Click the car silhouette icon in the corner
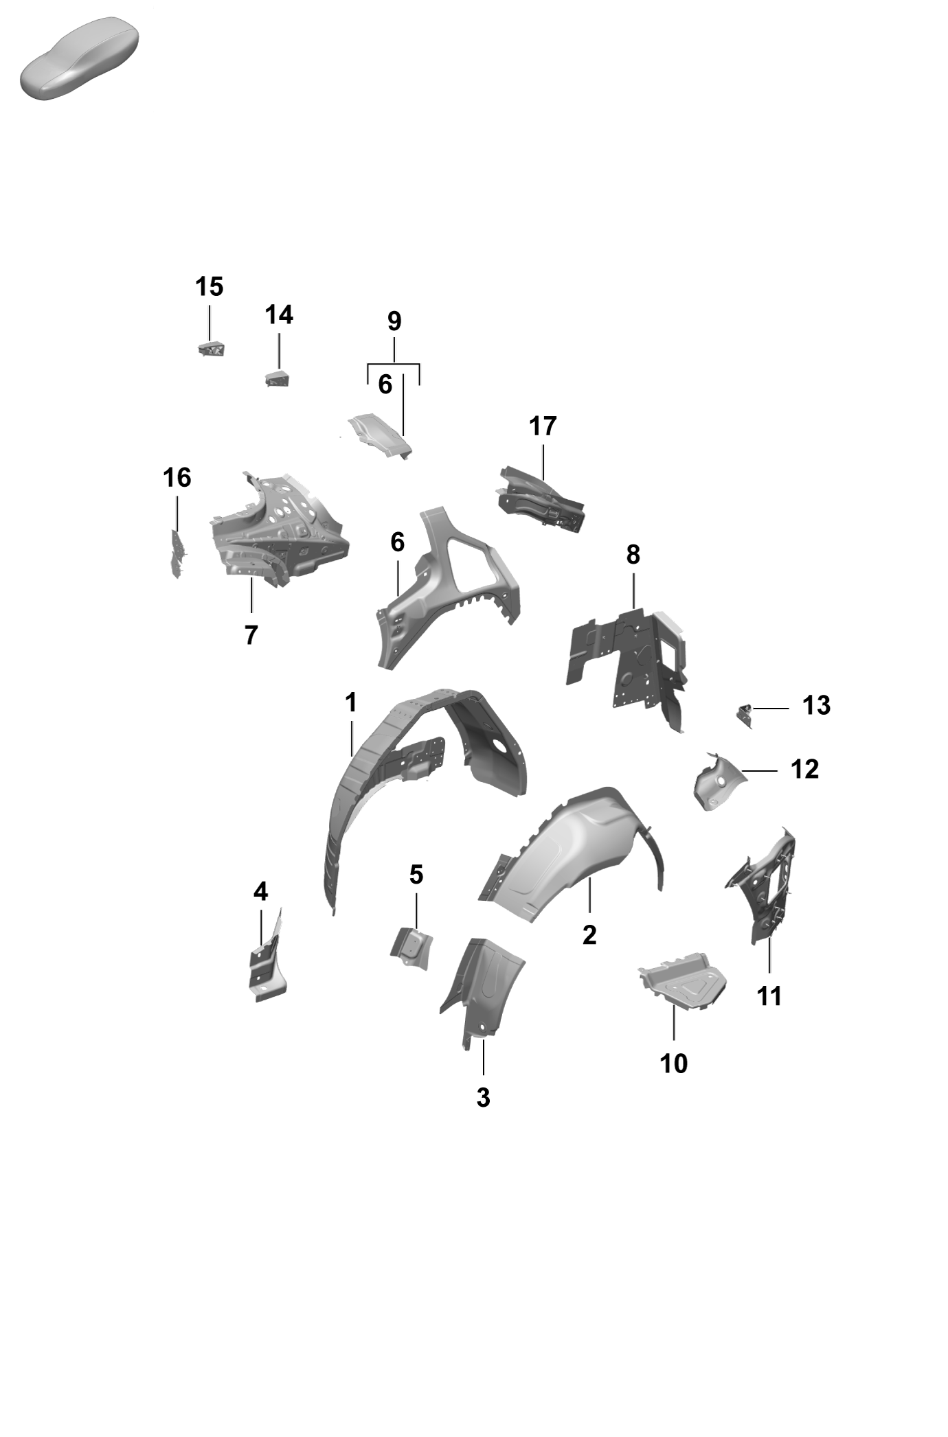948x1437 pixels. [x=79, y=59]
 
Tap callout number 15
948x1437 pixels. [x=210, y=286]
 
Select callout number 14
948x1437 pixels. [x=279, y=314]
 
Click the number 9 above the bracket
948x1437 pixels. [x=394, y=321]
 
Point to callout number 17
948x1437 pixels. [x=543, y=426]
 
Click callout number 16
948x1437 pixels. [x=177, y=477]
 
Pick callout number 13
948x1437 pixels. [x=817, y=706]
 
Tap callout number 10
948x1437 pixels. [x=674, y=1064]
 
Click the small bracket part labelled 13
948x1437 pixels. [x=745, y=715]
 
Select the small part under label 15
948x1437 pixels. [x=212, y=348]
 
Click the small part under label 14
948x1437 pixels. [x=278, y=378]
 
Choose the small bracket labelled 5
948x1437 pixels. [x=411, y=948]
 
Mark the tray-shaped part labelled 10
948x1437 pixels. [x=683, y=981]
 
